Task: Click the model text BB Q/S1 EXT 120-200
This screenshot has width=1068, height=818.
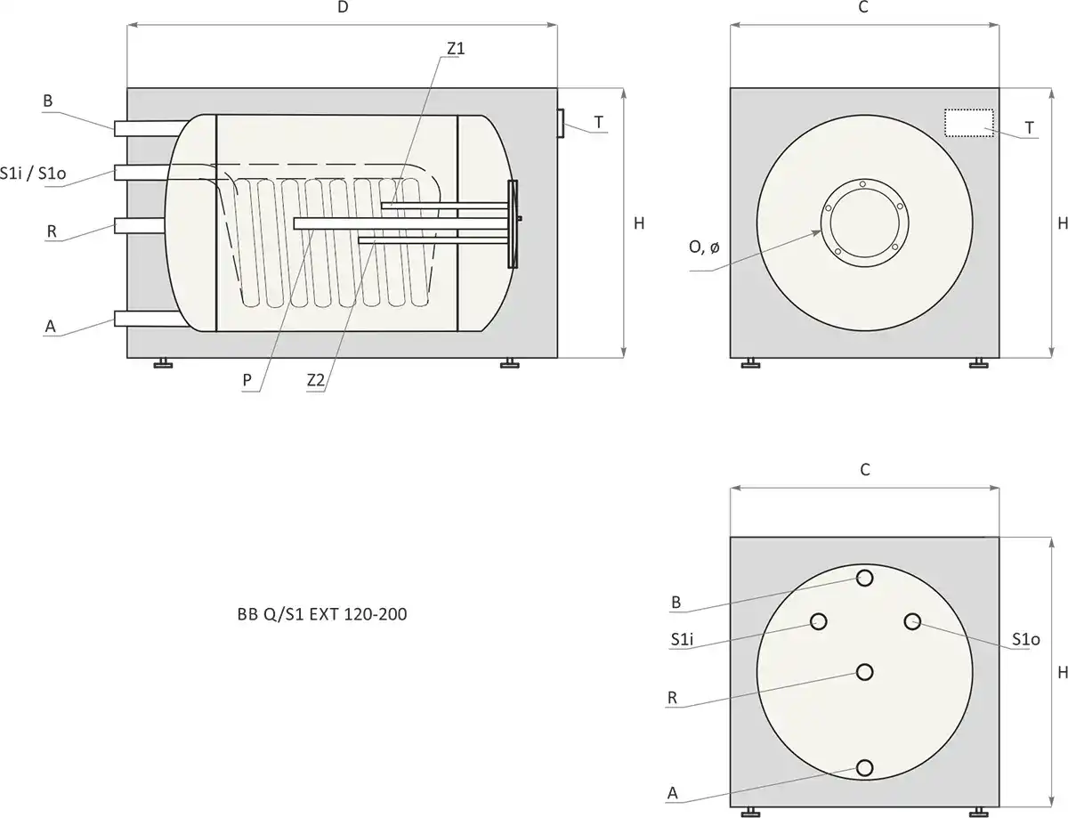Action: click(318, 614)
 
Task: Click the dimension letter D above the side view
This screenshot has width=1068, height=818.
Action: click(343, 8)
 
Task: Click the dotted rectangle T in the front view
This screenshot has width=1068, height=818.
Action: click(968, 123)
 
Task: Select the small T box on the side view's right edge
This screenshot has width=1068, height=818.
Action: click(562, 123)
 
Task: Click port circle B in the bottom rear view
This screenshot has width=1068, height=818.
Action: click(864, 578)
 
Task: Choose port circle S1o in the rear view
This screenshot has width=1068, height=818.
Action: click(912, 621)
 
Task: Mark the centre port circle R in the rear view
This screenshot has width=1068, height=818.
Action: click(864, 673)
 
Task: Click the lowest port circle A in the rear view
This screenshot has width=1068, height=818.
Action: click(864, 768)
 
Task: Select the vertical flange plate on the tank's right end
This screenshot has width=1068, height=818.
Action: click(512, 223)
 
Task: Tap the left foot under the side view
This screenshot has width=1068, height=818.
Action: click(163, 362)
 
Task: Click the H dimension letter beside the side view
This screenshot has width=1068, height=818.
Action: click(639, 223)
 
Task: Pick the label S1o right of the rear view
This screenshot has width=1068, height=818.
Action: click(1026, 639)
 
